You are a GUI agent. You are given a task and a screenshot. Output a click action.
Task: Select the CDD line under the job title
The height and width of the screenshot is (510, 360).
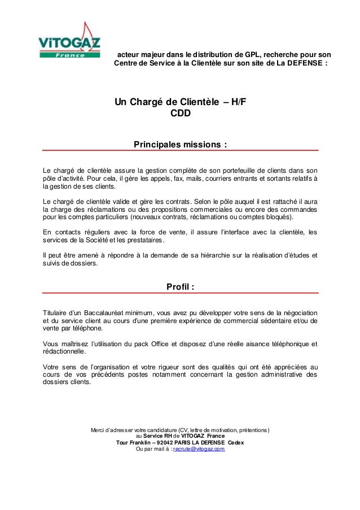(180, 113)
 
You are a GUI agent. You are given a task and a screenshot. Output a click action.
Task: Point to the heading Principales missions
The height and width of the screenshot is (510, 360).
(180, 144)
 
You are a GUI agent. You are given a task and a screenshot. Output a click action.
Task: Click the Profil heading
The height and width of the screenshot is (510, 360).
(180, 287)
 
